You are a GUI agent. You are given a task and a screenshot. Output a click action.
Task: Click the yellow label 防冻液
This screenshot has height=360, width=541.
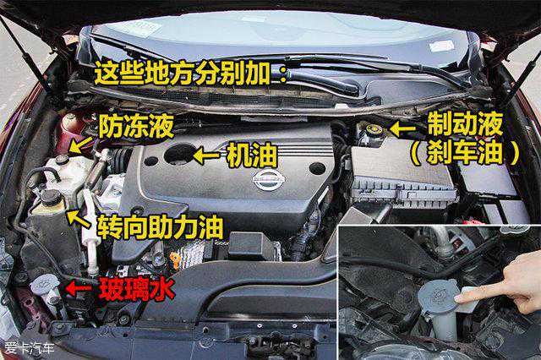(x=135, y=126)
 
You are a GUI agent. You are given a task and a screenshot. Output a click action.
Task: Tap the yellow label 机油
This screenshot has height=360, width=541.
(x=252, y=155)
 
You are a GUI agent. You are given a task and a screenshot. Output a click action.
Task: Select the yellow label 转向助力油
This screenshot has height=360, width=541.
(x=160, y=227)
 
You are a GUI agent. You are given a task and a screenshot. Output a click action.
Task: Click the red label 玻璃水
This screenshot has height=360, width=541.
(x=137, y=289)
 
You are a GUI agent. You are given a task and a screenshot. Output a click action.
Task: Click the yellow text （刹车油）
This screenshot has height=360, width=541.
(x=465, y=152)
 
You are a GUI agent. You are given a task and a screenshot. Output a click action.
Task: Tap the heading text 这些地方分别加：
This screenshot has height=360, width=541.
(x=191, y=74)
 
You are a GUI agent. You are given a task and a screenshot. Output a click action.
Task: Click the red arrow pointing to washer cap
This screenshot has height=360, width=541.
(x=79, y=288)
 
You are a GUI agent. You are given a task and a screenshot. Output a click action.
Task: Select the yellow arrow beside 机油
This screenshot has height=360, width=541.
(x=206, y=155)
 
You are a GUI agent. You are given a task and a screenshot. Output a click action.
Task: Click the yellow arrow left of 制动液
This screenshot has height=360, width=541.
(x=402, y=129)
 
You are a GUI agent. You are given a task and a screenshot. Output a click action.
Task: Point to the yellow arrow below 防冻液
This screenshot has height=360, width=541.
(x=80, y=145)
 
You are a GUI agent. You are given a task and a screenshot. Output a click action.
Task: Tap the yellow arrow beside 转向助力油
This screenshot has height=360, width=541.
(x=79, y=219)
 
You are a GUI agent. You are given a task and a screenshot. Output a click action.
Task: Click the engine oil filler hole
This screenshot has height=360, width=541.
(x=179, y=154)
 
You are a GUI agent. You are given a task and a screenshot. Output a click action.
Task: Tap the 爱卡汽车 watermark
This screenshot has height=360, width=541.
(x=30, y=348)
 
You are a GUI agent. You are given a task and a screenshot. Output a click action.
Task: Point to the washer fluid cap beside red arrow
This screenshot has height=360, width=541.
(x=45, y=283)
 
